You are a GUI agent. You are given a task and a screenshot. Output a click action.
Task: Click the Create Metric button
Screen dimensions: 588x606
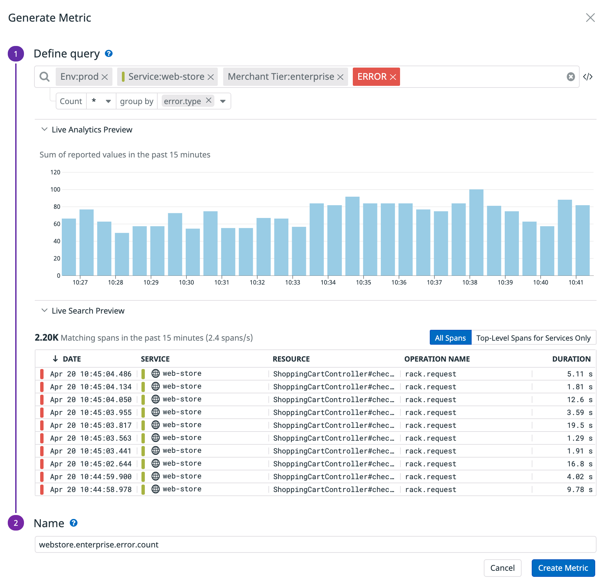click(563, 568)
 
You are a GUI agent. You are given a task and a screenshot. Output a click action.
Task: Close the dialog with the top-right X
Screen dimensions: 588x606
click(590, 18)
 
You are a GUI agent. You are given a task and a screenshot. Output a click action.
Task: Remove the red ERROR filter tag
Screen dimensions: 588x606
click(393, 77)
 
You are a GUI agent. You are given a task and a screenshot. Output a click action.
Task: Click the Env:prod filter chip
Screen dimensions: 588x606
click(79, 77)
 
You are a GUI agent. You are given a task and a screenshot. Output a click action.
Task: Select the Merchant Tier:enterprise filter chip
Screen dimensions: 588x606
click(281, 77)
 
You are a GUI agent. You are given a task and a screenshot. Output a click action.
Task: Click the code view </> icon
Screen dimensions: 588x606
click(588, 77)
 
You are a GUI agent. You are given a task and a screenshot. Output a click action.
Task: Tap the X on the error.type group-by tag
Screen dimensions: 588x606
click(209, 100)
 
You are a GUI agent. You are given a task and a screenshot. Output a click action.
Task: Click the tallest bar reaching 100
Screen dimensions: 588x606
click(476, 233)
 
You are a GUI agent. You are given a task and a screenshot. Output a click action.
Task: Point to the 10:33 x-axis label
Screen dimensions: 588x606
click(292, 283)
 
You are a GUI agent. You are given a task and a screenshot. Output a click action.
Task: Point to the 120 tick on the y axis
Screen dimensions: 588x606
click(55, 172)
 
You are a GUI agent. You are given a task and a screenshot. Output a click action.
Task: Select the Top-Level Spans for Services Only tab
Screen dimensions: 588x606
click(533, 338)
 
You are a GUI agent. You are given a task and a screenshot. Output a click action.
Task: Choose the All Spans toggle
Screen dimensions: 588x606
click(450, 338)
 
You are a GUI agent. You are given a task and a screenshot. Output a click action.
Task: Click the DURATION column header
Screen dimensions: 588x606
click(571, 359)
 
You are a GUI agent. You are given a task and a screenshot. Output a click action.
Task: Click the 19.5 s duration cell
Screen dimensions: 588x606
click(579, 425)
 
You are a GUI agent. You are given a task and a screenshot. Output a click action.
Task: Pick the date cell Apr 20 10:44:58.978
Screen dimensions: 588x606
click(91, 490)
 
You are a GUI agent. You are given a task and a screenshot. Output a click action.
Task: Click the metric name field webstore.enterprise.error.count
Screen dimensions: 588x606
click(315, 545)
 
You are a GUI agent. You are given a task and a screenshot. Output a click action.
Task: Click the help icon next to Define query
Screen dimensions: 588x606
click(109, 53)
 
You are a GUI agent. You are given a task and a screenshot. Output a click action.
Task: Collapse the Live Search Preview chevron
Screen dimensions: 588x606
click(44, 311)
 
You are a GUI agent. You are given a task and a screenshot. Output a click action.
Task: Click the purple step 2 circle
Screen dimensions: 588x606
click(16, 523)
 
